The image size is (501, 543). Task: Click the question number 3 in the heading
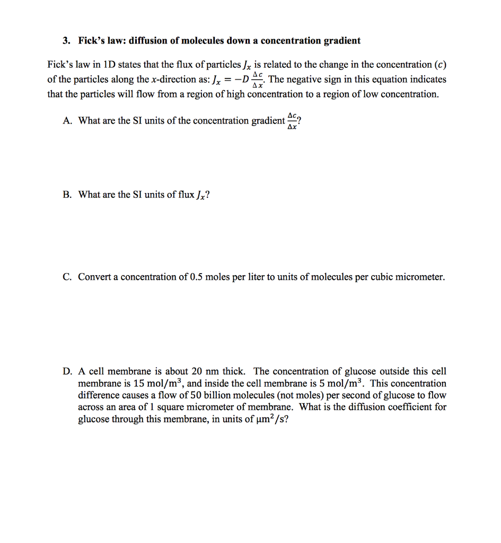(65, 41)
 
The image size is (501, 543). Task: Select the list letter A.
(67, 121)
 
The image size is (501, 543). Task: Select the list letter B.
(67, 195)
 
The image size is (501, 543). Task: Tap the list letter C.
(67, 277)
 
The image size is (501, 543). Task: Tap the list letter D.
(67, 371)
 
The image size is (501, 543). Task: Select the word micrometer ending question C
(423, 277)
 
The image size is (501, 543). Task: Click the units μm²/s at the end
(273, 419)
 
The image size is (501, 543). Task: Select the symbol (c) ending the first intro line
(440, 65)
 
